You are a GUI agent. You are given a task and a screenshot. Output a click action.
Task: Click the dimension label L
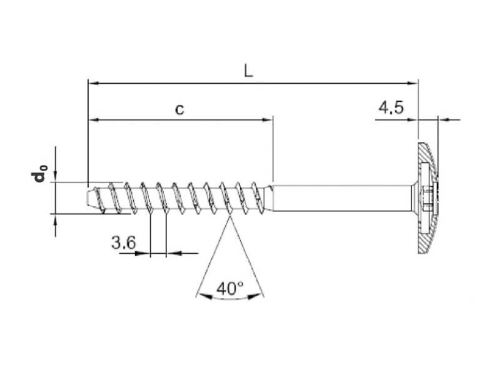[x=248, y=71]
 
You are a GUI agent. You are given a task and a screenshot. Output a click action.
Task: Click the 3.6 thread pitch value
[x=123, y=243]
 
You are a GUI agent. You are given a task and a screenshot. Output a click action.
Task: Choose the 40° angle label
[x=229, y=289]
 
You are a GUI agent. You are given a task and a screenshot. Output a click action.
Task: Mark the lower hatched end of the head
[x=425, y=244]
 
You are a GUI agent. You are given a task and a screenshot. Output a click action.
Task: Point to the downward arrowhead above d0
[x=56, y=177]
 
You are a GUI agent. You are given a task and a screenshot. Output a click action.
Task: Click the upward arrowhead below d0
[x=56, y=217]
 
